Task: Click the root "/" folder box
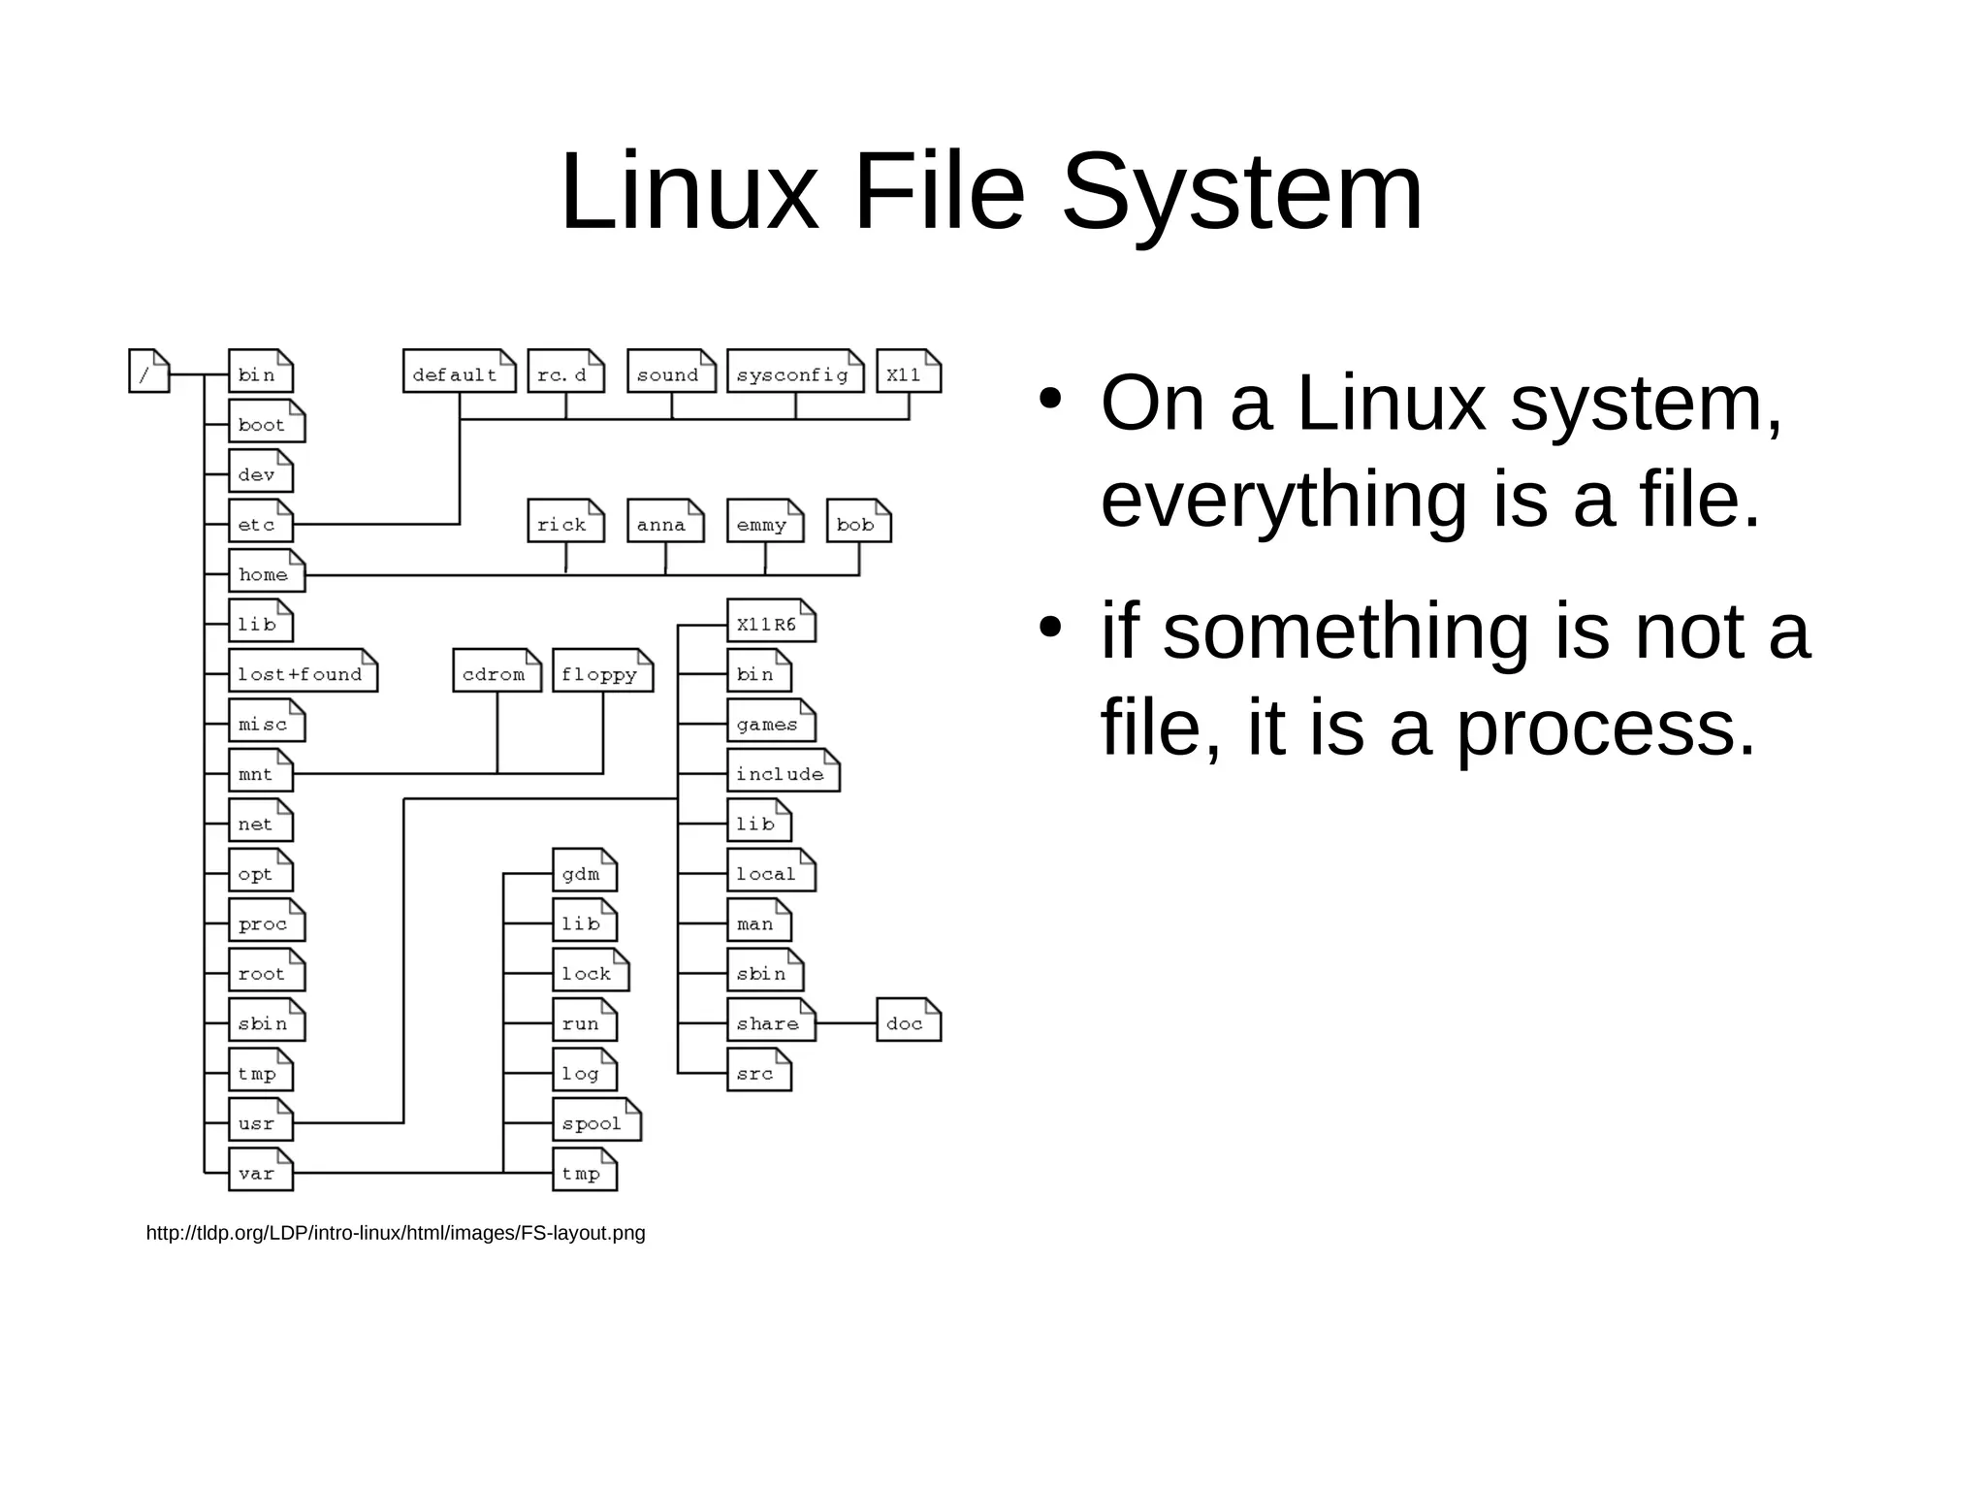coord(148,372)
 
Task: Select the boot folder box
coord(266,422)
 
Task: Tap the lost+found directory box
coord(303,671)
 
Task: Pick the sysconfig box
coord(794,372)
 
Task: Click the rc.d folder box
coord(565,372)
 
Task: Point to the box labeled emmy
coord(764,522)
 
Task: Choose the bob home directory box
coord(858,522)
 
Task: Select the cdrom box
coord(496,671)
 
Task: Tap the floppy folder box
coord(602,671)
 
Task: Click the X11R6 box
coord(771,622)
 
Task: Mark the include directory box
coord(783,771)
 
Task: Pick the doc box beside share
coord(908,1020)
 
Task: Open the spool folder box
coord(596,1120)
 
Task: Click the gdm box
coord(584,871)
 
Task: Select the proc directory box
coord(266,922)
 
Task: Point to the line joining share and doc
coord(846,1022)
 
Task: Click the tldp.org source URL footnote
coord(395,1233)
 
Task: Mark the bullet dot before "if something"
coord(1048,627)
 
